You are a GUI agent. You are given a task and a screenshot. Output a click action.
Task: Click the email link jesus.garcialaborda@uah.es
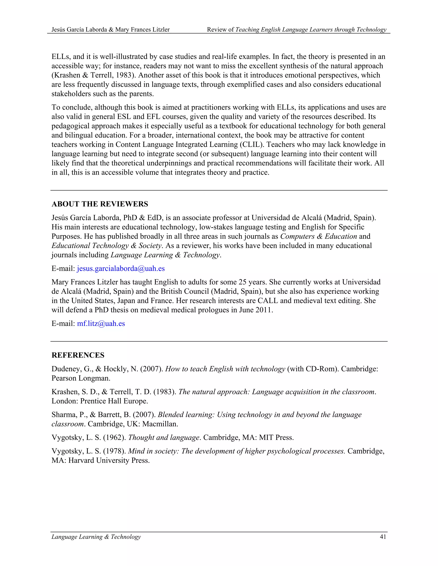pyautogui.click(x=121, y=268)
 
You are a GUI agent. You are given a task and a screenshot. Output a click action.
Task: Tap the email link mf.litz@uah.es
pyautogui.click(x=101, y=323)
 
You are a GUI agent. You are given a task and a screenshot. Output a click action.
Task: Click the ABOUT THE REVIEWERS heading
pyautogui.click(x=100, y=204)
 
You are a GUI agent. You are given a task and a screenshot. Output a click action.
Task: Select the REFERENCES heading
pyautogui.click(x=78, y=355)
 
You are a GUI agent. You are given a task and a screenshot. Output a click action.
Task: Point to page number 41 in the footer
pyautogui.click(x=383, y=537)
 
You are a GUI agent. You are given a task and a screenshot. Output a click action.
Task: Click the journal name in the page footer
pyautogui.click(x=96, y=537)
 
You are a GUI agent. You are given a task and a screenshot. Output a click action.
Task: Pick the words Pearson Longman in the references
pyautogui.click(x=80, y=378)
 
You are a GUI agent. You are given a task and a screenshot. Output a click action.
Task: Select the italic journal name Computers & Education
pyautogui.click(x=319, y=236)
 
